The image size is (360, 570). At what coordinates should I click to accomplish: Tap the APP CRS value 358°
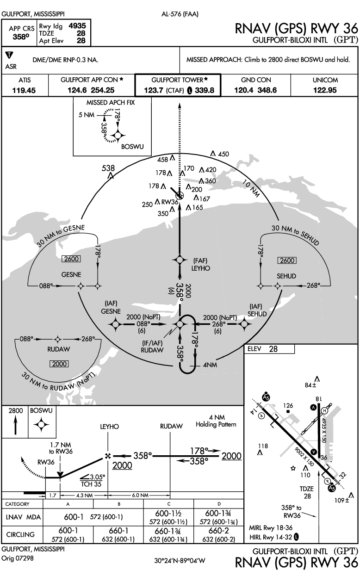click(x=19, y=37)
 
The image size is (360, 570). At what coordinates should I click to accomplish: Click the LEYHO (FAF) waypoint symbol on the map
click(x=180, y=260)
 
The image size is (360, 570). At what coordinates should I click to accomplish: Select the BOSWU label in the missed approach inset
click(x=132, y=147)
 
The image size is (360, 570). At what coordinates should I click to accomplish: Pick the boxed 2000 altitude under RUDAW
click(x=60, y=364)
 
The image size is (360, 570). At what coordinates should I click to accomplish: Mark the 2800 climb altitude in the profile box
click(x=16, y=410)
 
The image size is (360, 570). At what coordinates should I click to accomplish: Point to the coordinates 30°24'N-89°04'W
click(x=180, y=561)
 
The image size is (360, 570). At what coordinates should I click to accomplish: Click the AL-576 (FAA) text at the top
click(x=180, y=14)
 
